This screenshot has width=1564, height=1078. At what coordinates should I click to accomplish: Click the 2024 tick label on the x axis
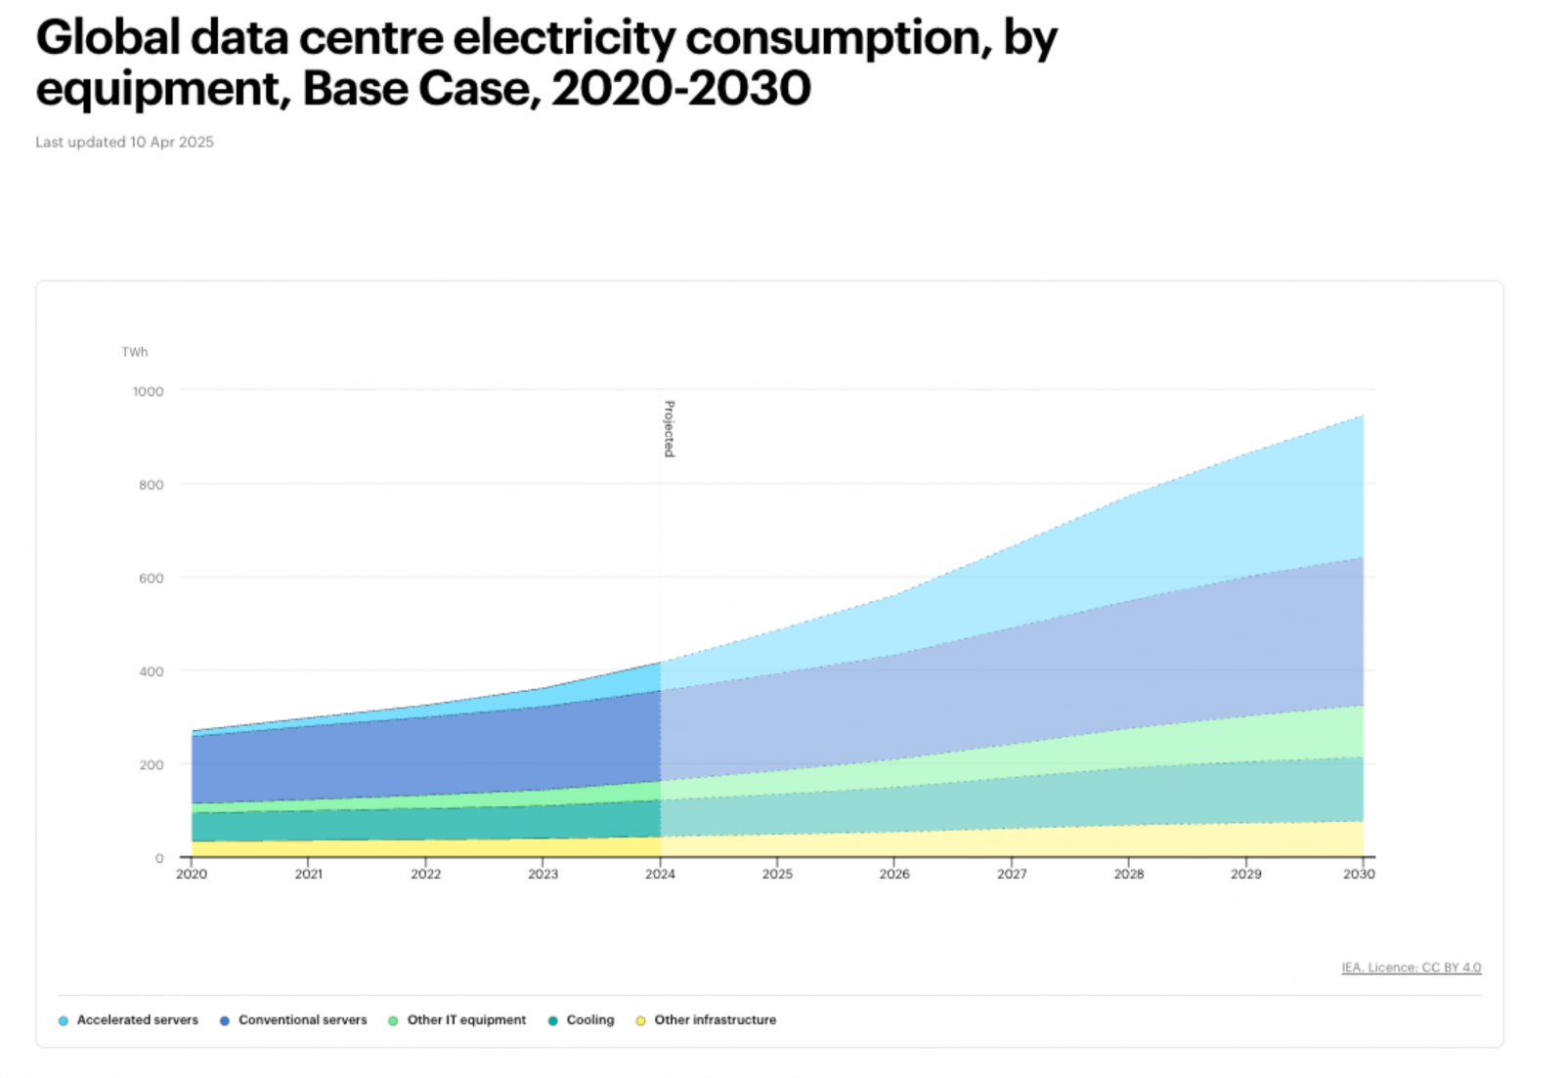(x=660, y=874)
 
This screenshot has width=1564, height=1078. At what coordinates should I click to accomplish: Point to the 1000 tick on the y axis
(x=149, y=391)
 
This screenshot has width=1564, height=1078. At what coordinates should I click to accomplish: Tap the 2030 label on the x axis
(x=1359, y=874)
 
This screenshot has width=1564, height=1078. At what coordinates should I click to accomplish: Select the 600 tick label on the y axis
(x=152, y=578)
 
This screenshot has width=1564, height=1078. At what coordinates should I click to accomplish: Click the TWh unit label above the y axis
(x=135, y=352)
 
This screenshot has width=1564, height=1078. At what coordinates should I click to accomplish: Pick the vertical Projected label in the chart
(x=670, y=428)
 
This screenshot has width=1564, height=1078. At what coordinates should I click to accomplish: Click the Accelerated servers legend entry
(x=137, y=1019)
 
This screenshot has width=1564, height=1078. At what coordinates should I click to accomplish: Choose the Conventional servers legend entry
(x=302, y=1019)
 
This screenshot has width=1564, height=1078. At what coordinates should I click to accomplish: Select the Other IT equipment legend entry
(x=466, y=1019)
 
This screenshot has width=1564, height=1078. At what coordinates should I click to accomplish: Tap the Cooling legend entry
(x=590, y=1019)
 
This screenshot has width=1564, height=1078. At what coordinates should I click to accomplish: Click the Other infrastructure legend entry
(x=715, y=1019)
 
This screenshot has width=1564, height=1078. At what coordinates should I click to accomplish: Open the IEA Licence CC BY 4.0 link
(x=1411, y=968)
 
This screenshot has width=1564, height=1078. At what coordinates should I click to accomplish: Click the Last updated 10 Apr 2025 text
(x=124, y=142)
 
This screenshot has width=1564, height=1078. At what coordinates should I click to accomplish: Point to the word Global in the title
(x=109, y=39)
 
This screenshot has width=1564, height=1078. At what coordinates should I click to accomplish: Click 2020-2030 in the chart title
(x=681, y=89)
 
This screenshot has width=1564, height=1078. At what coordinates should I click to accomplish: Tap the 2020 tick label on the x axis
(x=192, y=874)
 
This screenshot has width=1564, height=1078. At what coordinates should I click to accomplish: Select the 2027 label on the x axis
(x=1012, y=874)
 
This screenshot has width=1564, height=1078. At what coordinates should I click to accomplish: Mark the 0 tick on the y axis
(x=159, y=858)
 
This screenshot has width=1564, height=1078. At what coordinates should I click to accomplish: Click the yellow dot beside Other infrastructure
(x=640, y=1020)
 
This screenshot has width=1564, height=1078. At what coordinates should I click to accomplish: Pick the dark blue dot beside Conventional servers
(x=225, y=1020)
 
